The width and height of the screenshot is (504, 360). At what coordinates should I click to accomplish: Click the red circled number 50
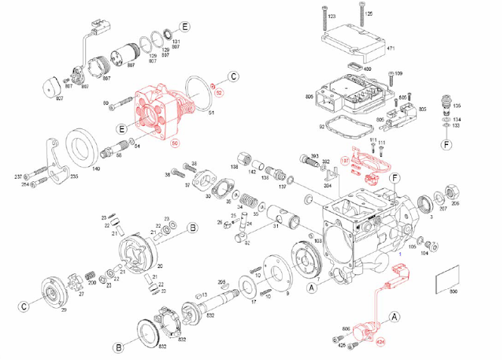click(x=176, y=143)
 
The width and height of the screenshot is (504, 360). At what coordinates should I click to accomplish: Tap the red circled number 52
click(x=220, y=93)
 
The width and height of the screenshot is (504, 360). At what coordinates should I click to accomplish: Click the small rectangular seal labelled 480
click(x=354, y=67)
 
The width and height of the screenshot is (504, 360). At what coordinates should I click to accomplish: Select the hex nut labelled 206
click(x=455, y=192)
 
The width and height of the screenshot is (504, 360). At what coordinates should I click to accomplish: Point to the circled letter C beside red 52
click(x=234, y=77)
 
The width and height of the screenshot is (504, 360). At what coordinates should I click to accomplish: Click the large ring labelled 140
click(x=82, y=147)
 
